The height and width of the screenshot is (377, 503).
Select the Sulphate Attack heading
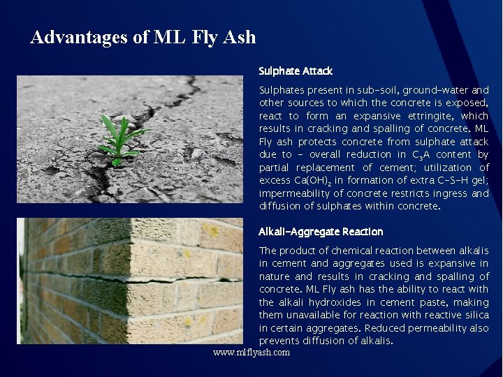[296, 71]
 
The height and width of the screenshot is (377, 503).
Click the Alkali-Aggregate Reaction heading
[321, 232]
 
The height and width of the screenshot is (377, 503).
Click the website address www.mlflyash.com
[251, 353]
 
